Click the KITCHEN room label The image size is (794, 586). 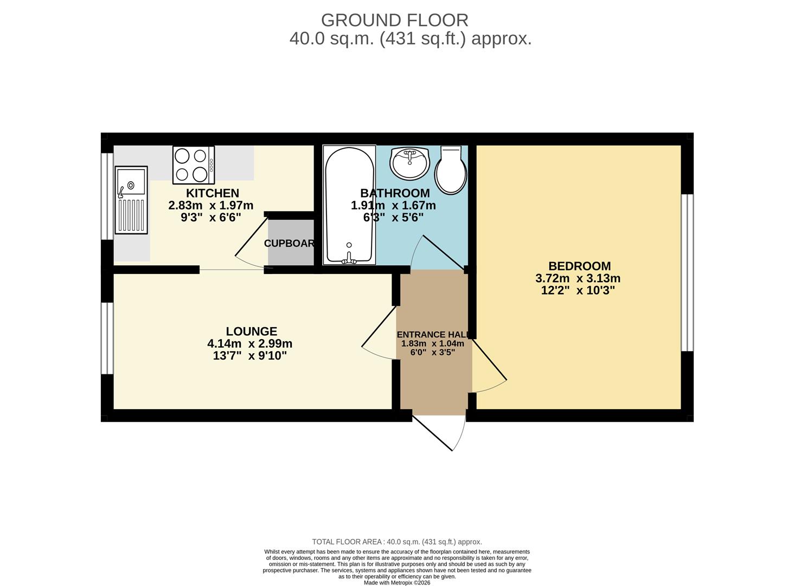pos(212,193)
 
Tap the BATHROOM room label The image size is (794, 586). pos(395,193)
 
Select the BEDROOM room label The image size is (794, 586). pos(579,266)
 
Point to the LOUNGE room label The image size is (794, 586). pos(251,332)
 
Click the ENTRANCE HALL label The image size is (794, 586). pos(432,335)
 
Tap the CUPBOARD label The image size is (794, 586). pos(290,244)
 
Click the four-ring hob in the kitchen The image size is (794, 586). pos(194,165)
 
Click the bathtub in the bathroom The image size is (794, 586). pos(349,205)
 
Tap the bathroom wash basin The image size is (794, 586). pos(409,162)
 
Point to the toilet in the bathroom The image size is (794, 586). pos(451,170)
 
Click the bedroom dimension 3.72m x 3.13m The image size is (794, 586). pos(578,279)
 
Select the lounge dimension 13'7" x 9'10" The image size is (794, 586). pos(249,356)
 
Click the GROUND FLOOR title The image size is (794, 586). pos(394,20)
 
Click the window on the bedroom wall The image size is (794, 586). pos(687,272)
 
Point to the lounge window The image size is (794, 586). pos(107,338)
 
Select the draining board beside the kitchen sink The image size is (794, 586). pos(131,215)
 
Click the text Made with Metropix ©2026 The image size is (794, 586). pos(396,583)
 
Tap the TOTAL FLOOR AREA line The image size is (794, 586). pos(396,542)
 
